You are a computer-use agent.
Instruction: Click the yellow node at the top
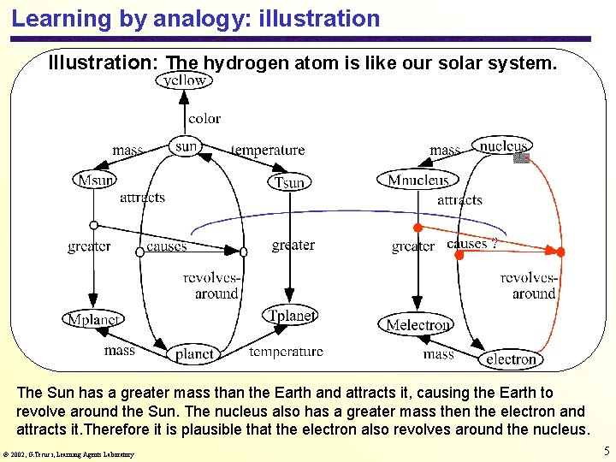(x=185, y=80)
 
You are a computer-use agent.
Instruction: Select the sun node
(x=186, y=146)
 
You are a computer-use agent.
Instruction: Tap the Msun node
(x=96, y=180)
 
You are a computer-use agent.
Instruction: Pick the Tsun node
(x=290, y=182)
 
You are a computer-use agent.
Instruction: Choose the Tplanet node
(x=292, y=316)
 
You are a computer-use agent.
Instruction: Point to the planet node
(x=194, y=353)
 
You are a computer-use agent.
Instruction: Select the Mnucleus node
(x=418, y=180)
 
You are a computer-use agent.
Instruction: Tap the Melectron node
(x=417, y=324)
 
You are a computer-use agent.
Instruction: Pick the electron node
(x=510, y=359)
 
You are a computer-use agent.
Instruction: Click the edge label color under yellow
(x=204, y=119)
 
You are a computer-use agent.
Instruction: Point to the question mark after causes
(x=494, y=243)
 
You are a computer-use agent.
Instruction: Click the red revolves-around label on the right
(x=528, y=286)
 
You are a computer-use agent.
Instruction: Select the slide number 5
(x=606, y=451)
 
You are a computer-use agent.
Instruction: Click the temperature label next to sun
(x=268, y=151)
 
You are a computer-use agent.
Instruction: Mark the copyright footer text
(x=68, y=454)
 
